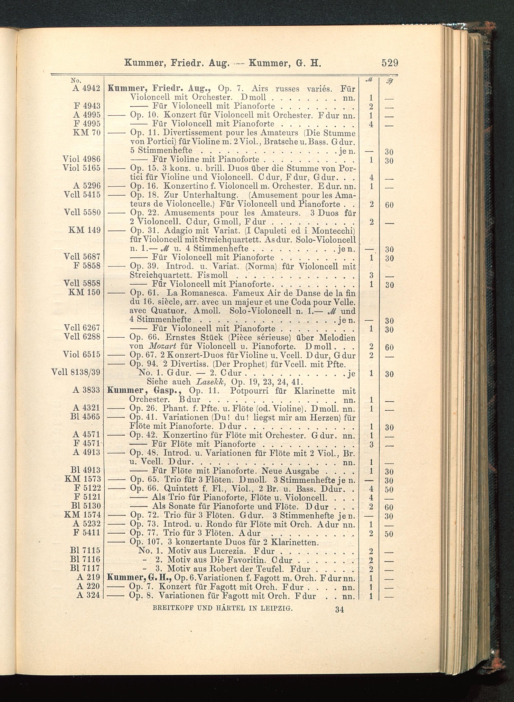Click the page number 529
pos(390,63)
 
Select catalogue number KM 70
pos(87,133)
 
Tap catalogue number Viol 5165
pos(81,168)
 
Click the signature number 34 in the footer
pos(339,609)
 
